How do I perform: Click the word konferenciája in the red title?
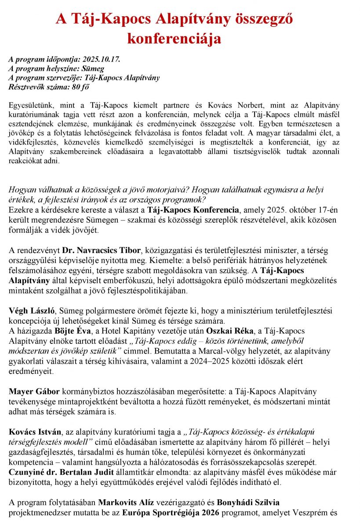tap(174, 39)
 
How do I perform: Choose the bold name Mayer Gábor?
tap(29, 391)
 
